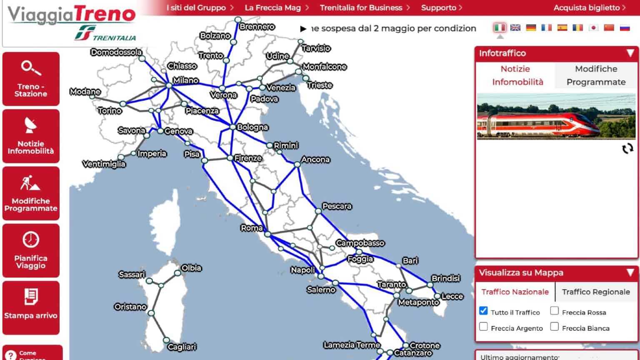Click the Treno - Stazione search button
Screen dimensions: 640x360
31,79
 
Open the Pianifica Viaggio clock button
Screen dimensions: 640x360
31,250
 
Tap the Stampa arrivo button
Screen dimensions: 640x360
31,307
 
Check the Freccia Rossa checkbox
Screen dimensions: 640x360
554,311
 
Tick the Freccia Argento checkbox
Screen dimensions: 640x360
483,327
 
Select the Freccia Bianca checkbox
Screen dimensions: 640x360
554,327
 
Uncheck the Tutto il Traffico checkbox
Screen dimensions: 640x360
483,311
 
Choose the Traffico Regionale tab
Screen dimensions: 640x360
595,292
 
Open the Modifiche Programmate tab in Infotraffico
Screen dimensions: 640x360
596,75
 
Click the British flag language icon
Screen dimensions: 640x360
515,27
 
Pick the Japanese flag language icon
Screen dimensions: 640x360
593,27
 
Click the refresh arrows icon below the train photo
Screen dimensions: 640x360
627,149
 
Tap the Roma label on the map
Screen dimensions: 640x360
252,228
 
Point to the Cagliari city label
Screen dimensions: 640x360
182,347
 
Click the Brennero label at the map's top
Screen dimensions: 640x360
257,27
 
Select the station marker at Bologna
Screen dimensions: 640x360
232,127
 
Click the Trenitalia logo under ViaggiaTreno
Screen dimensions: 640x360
105,34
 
